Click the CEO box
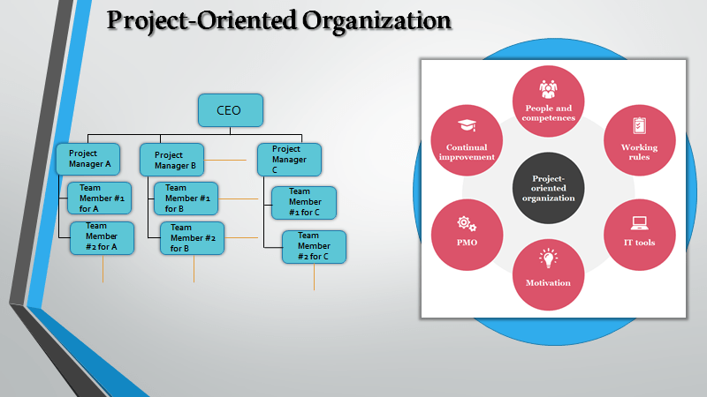click(x=230, y=109)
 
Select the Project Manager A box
click(x=88, y=159)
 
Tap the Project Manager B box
click(x=172, y=160)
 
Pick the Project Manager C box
click(x=289, y=160)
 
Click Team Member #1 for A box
click(x=100, y=198)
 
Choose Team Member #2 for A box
click(x=102, y=237)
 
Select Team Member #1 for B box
click(x=186, y=198)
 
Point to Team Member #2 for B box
click(x=193, y=238)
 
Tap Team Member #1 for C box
click(x=303, y=202)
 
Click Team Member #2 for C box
click(x=314, y=246)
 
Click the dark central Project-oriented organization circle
click(x=549, y=187)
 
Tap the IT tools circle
click(x=639, y=233)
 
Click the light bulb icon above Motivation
click(x=549, y=258)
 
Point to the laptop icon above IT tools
click(x=639, y=222)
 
